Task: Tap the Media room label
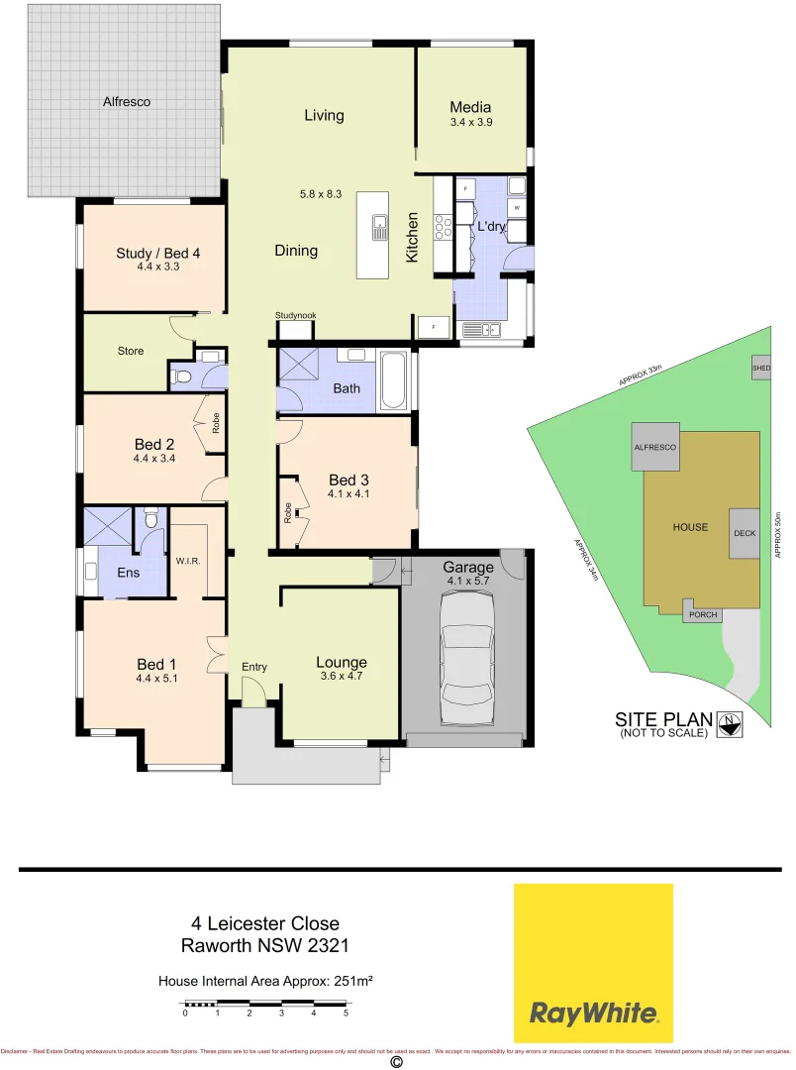tap(470, 107)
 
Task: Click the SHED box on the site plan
tap(760, 367)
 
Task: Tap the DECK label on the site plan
tap(745, 532)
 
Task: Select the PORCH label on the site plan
tap(703, 615)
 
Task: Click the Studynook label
tap(295, 316)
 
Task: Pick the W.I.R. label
tap(188, 561)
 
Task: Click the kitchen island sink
tap(379, 229)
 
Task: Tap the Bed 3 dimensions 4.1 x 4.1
tap(348, 494)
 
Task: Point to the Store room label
tap(131, 351)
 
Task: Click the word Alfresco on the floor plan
tap(127, 101)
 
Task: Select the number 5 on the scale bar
tap(346, 1013)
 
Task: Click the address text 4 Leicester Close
tap(264, 923)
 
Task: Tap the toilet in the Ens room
tap(150, 518)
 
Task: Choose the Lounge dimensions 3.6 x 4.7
tap(341, 678)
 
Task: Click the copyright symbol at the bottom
tap(397, 1062)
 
